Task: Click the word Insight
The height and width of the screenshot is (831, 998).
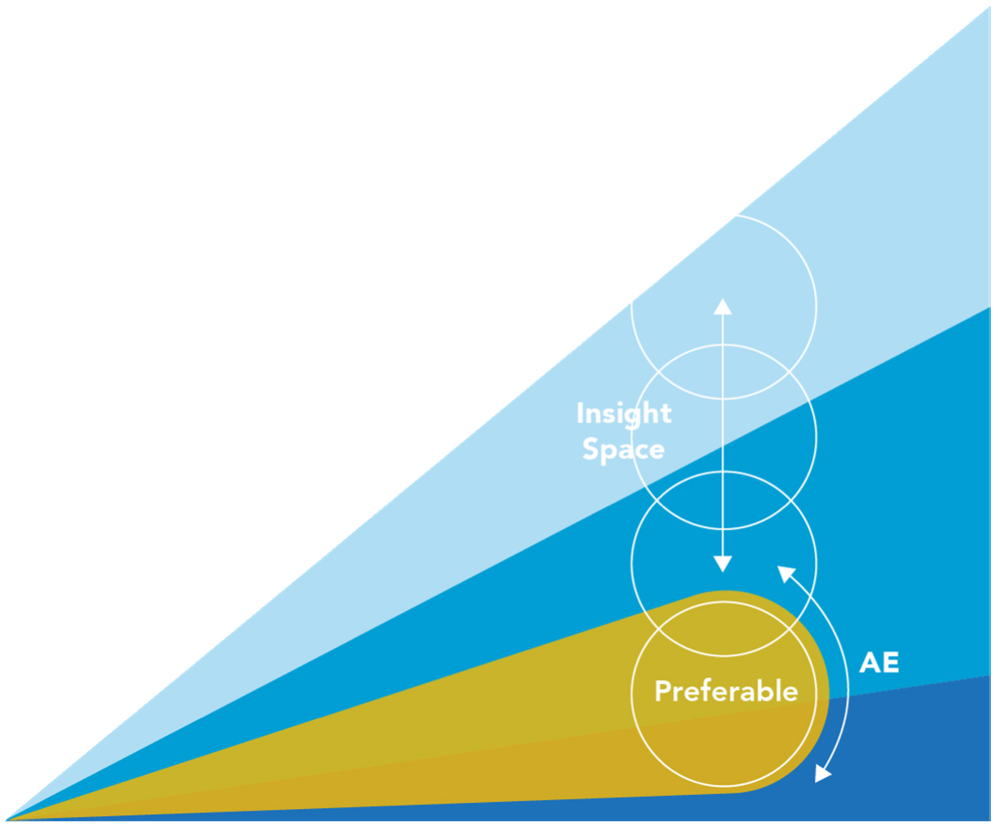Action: tap(624, 415)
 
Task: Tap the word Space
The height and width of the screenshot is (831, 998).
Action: tap(623, 449)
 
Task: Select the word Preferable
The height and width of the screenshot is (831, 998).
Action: tap(726, 691)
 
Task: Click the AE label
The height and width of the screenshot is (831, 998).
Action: tap(879, 662)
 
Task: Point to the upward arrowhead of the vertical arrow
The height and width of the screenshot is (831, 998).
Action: tap(722, 306)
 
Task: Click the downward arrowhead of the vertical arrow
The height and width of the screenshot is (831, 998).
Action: tap(722, 563)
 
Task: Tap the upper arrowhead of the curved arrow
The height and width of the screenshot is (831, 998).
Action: tap(787, 573)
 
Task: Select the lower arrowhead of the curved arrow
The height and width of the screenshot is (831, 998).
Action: tap(823, 773)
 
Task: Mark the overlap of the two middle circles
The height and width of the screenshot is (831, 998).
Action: tap(724, 500)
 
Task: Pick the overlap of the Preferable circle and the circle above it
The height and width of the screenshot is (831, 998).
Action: tap(724, 628)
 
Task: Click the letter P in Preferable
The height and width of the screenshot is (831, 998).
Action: tap(663, 691)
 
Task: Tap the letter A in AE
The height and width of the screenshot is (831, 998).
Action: tap(869, 662)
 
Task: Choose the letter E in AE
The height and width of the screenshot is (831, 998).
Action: tap(891, 662)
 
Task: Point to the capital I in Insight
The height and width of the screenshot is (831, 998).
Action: tap(580, 413)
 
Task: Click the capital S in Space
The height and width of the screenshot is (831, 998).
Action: tap(590, 449)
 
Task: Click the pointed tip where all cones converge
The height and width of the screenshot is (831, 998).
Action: tap(6, 819)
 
